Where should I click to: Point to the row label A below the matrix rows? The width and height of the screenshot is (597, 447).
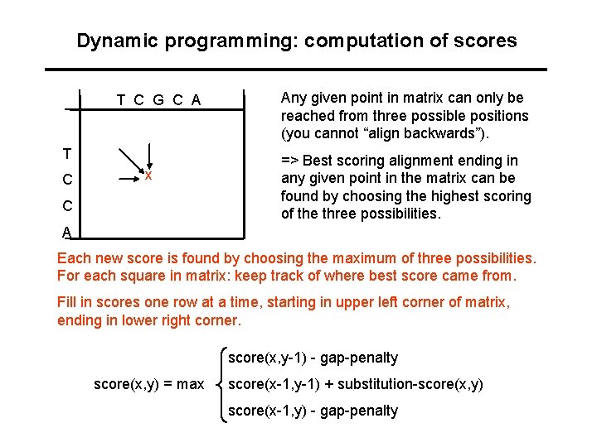pos(66,233)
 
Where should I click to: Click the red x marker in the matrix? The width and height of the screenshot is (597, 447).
pos(148,175)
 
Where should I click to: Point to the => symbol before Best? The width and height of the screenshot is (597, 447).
pos(290,161)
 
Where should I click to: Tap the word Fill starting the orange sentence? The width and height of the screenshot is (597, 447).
pos(67,303)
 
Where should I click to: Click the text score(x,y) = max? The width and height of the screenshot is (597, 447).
pos(148,384)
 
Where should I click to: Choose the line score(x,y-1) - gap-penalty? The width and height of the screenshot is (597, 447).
pos(313,358)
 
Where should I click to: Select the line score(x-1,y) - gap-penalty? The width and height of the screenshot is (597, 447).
pos(313,411)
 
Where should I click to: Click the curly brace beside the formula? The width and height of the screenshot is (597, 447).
pos(221,384)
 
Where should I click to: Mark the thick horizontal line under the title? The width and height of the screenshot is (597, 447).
pos(296,69)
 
